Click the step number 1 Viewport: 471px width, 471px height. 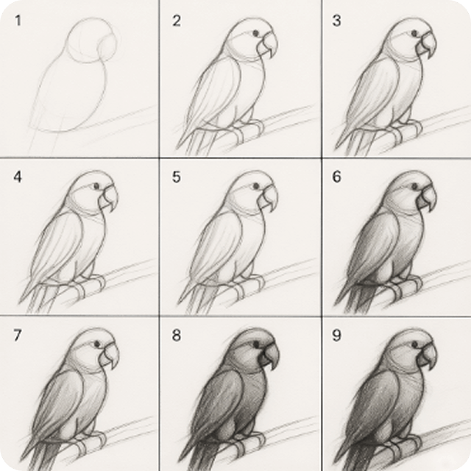point(18,21)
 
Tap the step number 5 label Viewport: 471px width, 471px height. point(176,177)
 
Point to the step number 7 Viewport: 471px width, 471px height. point(18,336)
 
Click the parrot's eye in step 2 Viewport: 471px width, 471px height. point(255,34)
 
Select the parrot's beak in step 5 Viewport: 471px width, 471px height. point(268,199)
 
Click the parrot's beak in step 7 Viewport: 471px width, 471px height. point(110,357)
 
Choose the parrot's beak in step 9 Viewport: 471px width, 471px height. point(428,356)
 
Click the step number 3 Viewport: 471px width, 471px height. point(336,21)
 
